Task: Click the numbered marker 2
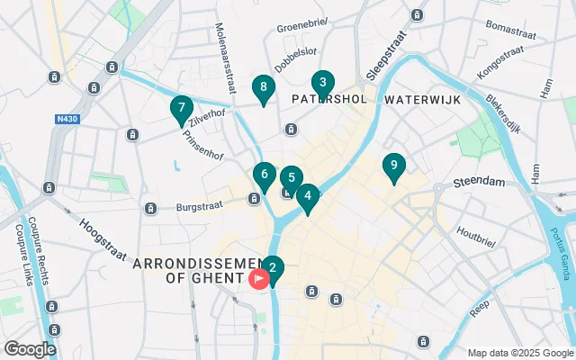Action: point(272,267)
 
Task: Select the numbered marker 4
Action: point(307,195)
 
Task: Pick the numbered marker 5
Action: point(291,178)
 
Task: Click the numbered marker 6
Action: point(264,174)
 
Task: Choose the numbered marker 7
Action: point(181,108)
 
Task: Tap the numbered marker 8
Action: point(263,87)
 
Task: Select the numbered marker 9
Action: point(393,166)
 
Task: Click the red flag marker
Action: point(259,279)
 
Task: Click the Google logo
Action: point(30,348)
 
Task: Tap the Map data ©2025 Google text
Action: point(519,353)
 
